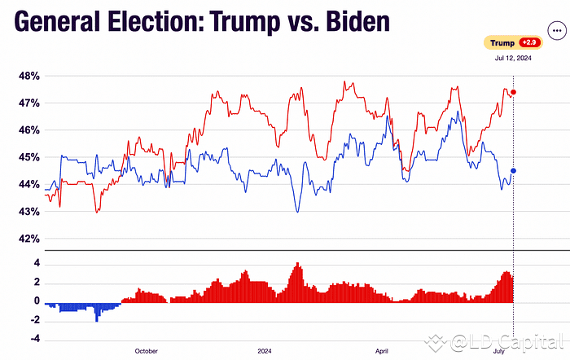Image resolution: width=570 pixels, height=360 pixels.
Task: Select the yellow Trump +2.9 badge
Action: (x=512, y=42)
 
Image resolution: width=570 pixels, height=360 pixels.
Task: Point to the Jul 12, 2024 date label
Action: (x=512, y=59)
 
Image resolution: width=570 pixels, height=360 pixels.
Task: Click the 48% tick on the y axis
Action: (x=30, y=76)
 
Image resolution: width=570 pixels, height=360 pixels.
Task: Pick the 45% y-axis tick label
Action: (x=30, y=157)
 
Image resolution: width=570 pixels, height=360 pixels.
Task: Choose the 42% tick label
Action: (x=30, y=239)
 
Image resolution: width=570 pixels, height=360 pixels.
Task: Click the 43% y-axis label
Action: (x=30, y=212)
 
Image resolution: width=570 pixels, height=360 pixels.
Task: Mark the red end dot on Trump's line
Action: (x=514, y=92)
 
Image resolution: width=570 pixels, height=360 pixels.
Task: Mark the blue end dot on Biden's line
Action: (x=514, y=171)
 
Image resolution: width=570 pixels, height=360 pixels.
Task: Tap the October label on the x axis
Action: (x=146, y=351)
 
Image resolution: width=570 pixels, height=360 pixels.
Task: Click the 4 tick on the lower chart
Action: (x=36, y=263)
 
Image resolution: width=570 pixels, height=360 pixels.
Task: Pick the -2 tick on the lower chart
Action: (x=33, y=320)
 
